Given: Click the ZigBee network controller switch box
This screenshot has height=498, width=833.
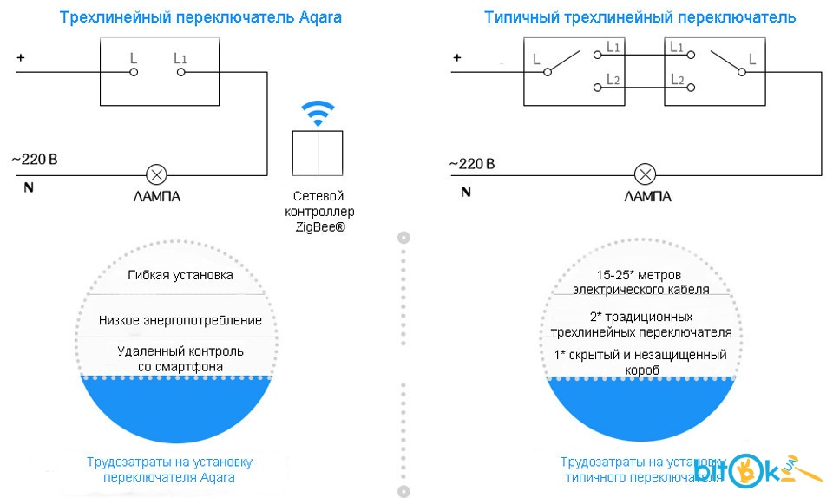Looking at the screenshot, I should (x=317, y=152).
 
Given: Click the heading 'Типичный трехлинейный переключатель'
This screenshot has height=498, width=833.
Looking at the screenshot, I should (x=640, y=17).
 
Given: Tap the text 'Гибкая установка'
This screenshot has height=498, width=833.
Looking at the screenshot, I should (x=180, y=275).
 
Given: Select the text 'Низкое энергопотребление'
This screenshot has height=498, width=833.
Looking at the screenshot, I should (x=180, y=320).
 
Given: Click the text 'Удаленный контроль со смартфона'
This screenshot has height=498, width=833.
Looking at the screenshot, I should (x=180, y=358).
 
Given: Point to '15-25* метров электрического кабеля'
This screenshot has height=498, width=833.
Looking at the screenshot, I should (x=646, y=282).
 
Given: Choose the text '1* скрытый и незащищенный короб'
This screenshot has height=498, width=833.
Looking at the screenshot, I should (x=646, y=363).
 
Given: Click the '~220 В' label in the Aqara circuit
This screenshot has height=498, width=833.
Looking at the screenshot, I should (x=34, y=160).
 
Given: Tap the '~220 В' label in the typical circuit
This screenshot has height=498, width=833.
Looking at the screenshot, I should (x=472, y=163).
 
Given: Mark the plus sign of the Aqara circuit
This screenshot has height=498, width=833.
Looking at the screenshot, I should (x=21, y=58).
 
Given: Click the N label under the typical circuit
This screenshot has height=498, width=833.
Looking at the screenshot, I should (x=465, y=190).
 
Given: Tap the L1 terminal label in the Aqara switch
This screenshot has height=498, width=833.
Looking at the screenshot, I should (x=180, y=59).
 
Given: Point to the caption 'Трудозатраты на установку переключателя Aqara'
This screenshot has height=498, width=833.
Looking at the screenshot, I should (x=169, y=469).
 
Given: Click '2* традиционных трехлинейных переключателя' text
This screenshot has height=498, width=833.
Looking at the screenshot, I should (x=646, y=324).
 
